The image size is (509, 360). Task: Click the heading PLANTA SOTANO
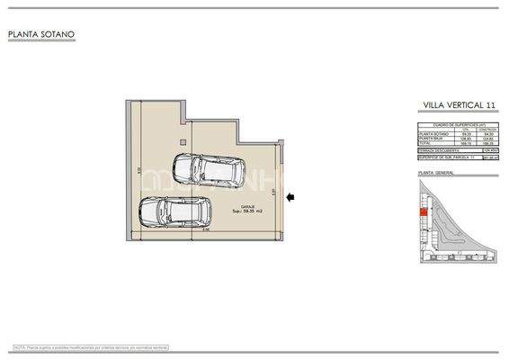41,36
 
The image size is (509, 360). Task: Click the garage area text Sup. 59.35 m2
249,212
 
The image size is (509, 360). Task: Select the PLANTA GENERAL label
436,171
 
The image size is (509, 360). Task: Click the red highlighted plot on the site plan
422,212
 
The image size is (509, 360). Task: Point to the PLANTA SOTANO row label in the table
433,133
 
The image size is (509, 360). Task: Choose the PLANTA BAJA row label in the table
431,139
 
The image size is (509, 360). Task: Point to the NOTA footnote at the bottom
91,346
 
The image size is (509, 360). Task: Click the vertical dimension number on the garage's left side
127,170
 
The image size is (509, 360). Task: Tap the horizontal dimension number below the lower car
205,230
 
